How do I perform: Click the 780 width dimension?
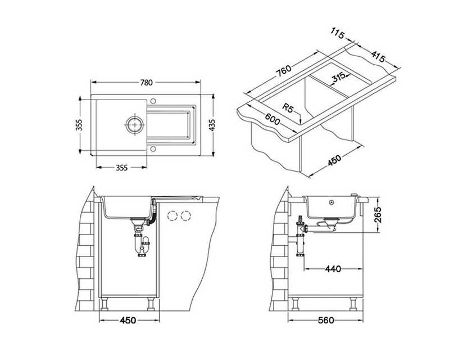point(146,82)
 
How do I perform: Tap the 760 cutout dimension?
point(284,71)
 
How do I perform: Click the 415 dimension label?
point(378,56)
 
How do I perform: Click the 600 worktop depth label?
point(273,119)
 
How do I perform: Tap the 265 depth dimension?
point(378,214)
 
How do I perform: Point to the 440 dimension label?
point(333,268)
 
